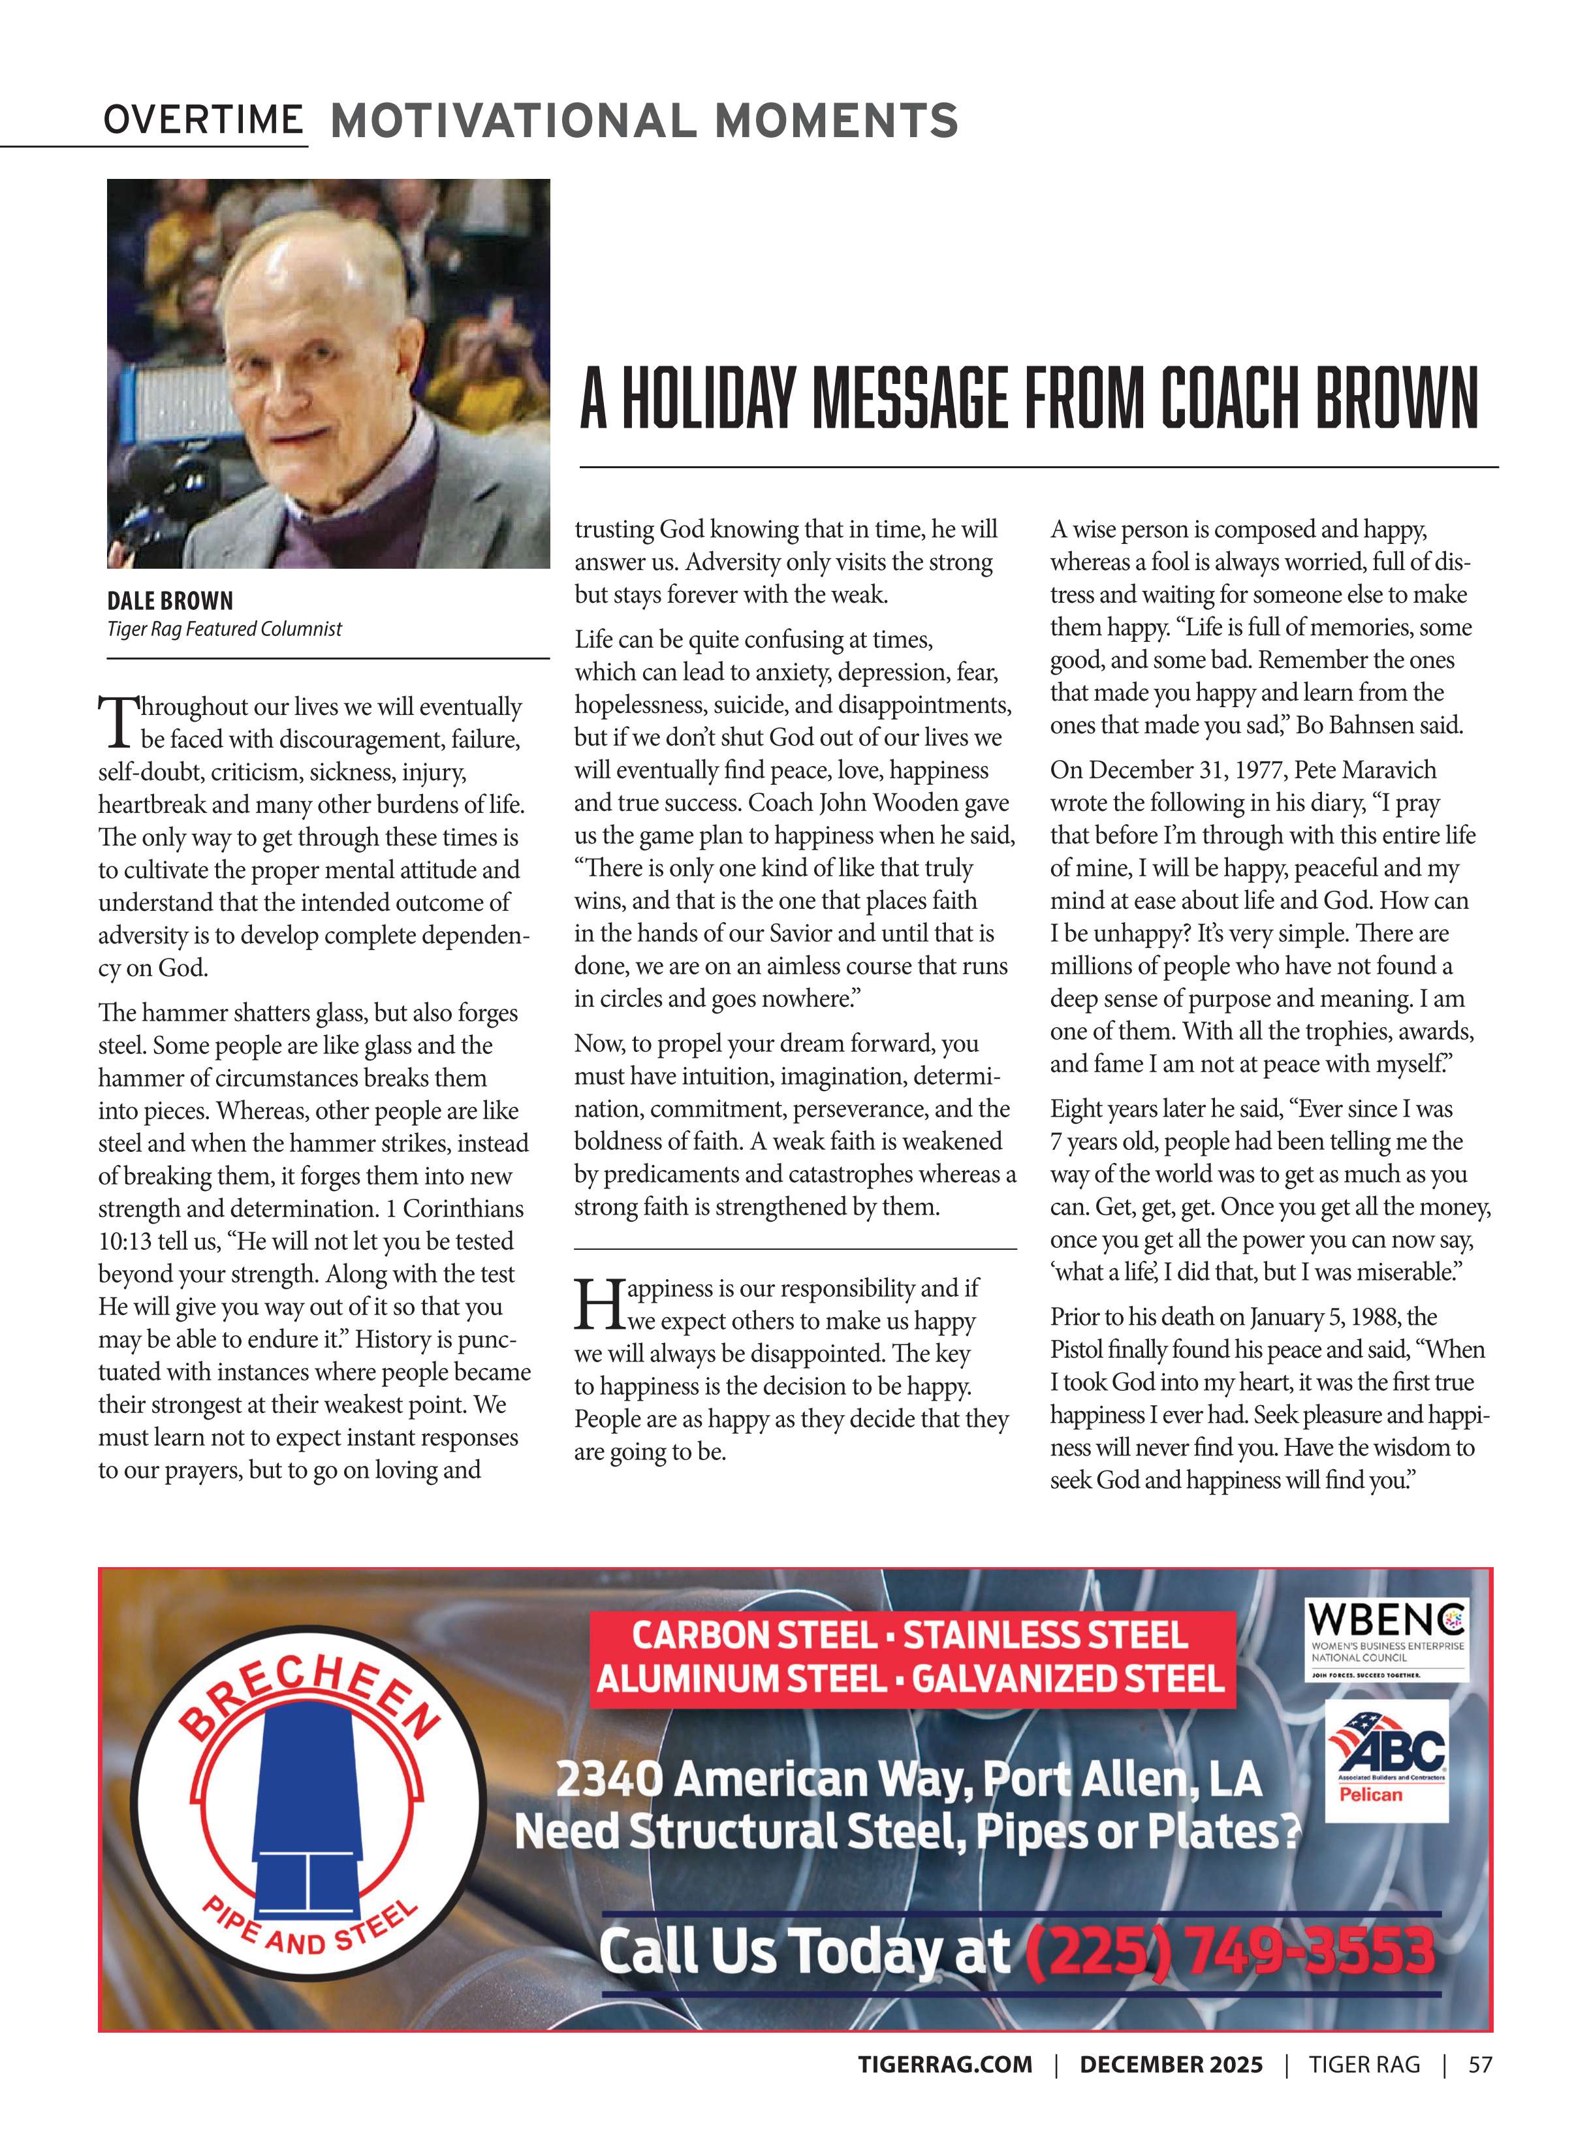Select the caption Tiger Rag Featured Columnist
225,629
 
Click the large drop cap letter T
116,722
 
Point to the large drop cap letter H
598,1305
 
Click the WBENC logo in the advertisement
1387,1640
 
